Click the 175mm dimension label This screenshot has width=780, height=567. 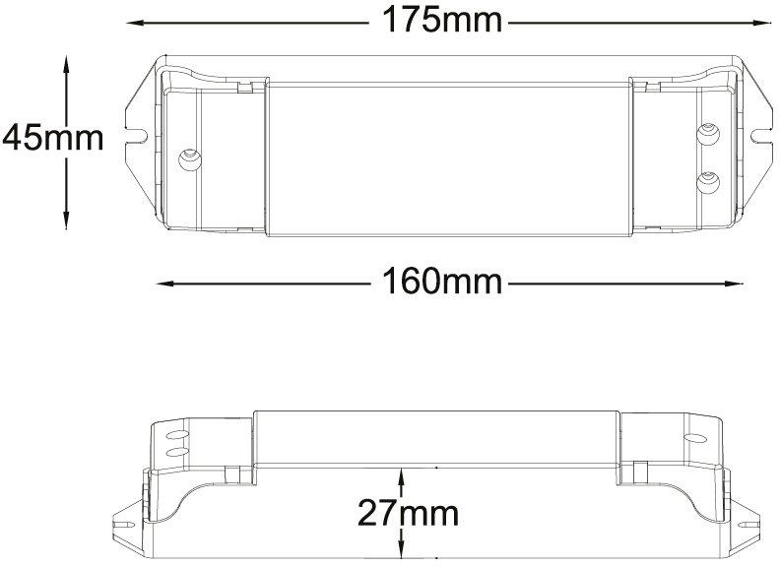tap(442, 21)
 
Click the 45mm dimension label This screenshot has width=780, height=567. tap(53, 138)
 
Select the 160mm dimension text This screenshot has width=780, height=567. tap(442, 282)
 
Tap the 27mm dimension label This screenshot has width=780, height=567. tap(408, 513)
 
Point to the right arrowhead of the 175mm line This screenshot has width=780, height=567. tap(762, 23)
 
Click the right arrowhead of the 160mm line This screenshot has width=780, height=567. tap(735, 283)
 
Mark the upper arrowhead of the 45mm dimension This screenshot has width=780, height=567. tap(66, 65)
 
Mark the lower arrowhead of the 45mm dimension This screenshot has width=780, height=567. tap(66, 220)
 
